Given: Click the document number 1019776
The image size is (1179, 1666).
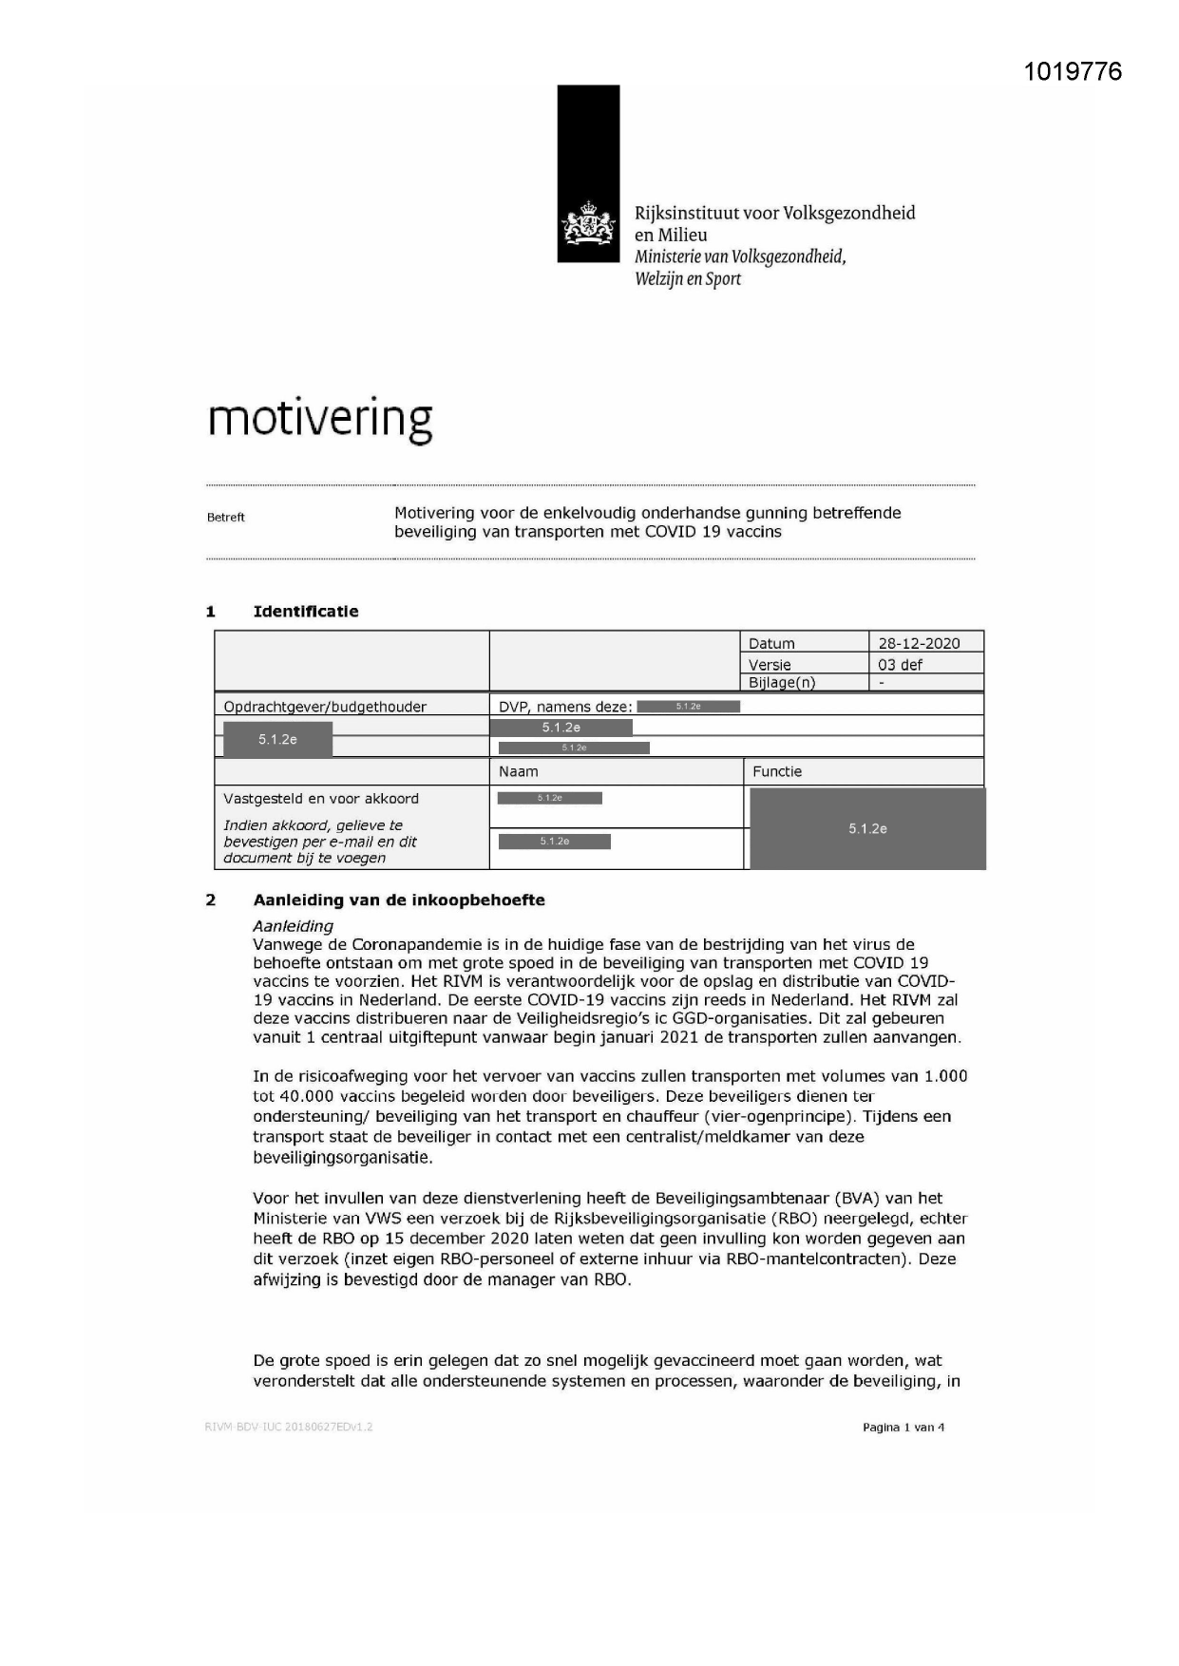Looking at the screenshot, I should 1073,71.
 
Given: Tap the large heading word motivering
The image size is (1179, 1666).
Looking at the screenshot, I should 320,419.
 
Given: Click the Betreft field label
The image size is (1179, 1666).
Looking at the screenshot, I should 226,518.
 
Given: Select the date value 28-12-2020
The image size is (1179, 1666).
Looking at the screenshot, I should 918,643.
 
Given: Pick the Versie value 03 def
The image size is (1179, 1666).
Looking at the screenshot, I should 900,665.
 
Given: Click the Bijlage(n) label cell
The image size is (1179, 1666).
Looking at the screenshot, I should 782,682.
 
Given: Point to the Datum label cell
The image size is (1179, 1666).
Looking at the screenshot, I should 771,643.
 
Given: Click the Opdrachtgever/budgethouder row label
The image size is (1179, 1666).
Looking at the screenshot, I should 325,707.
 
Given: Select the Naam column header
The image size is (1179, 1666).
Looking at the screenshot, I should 519,771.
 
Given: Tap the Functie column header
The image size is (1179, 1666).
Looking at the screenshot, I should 777,771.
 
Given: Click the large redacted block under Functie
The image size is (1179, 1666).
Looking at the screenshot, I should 867,828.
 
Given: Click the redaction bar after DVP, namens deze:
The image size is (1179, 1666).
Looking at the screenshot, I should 688,707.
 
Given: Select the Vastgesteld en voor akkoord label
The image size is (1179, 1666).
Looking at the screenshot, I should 321,799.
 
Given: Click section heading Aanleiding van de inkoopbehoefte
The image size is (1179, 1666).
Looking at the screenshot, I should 399,900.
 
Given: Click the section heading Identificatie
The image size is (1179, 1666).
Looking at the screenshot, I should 306,612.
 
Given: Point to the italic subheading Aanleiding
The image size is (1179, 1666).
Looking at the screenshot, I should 293,925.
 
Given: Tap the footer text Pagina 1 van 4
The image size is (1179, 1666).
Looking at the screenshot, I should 903,1428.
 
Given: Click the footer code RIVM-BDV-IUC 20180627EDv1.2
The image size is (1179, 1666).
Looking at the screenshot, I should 289,1427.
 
